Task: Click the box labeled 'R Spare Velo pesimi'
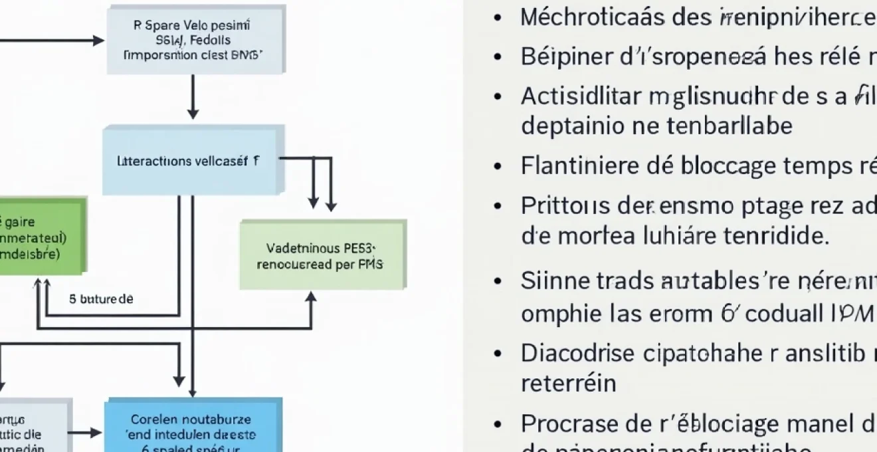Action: (x=196, y=41)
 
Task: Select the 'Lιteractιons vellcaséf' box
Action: (x=193, y=160)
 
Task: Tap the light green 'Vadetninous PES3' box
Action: (x=322, y=256)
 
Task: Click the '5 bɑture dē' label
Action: (x=101, y=299)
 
